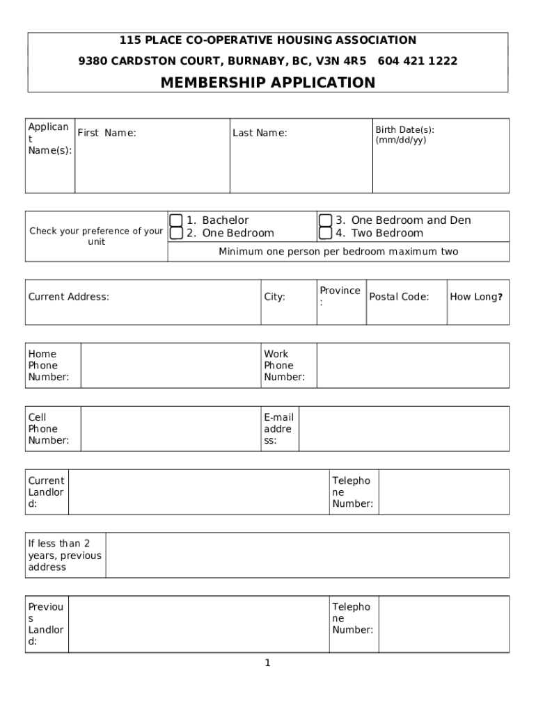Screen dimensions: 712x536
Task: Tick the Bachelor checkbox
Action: point(176,220)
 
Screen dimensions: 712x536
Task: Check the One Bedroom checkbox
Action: point(176,233)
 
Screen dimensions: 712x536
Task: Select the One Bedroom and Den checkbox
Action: point(325,220)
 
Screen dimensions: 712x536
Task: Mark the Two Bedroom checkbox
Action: point(325,233)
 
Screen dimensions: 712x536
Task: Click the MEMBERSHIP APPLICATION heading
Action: point(268,83)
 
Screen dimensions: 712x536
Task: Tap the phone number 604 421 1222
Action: point(418,61)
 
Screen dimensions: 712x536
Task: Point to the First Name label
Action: point(107,133)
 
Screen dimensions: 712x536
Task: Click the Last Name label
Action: point(260,133)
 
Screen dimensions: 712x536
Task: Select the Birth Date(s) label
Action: point(404,129)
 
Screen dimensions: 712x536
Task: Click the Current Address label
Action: point(69,297)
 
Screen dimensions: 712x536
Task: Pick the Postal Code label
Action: point(399,297)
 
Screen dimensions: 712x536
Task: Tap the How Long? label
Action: point(476,297)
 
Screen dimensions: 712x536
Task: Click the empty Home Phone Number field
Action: point(171,365)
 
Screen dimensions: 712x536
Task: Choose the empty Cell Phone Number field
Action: point(171,428)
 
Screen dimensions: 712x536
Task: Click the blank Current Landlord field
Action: point(198,492)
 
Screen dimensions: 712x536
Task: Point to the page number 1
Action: point(267,663)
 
